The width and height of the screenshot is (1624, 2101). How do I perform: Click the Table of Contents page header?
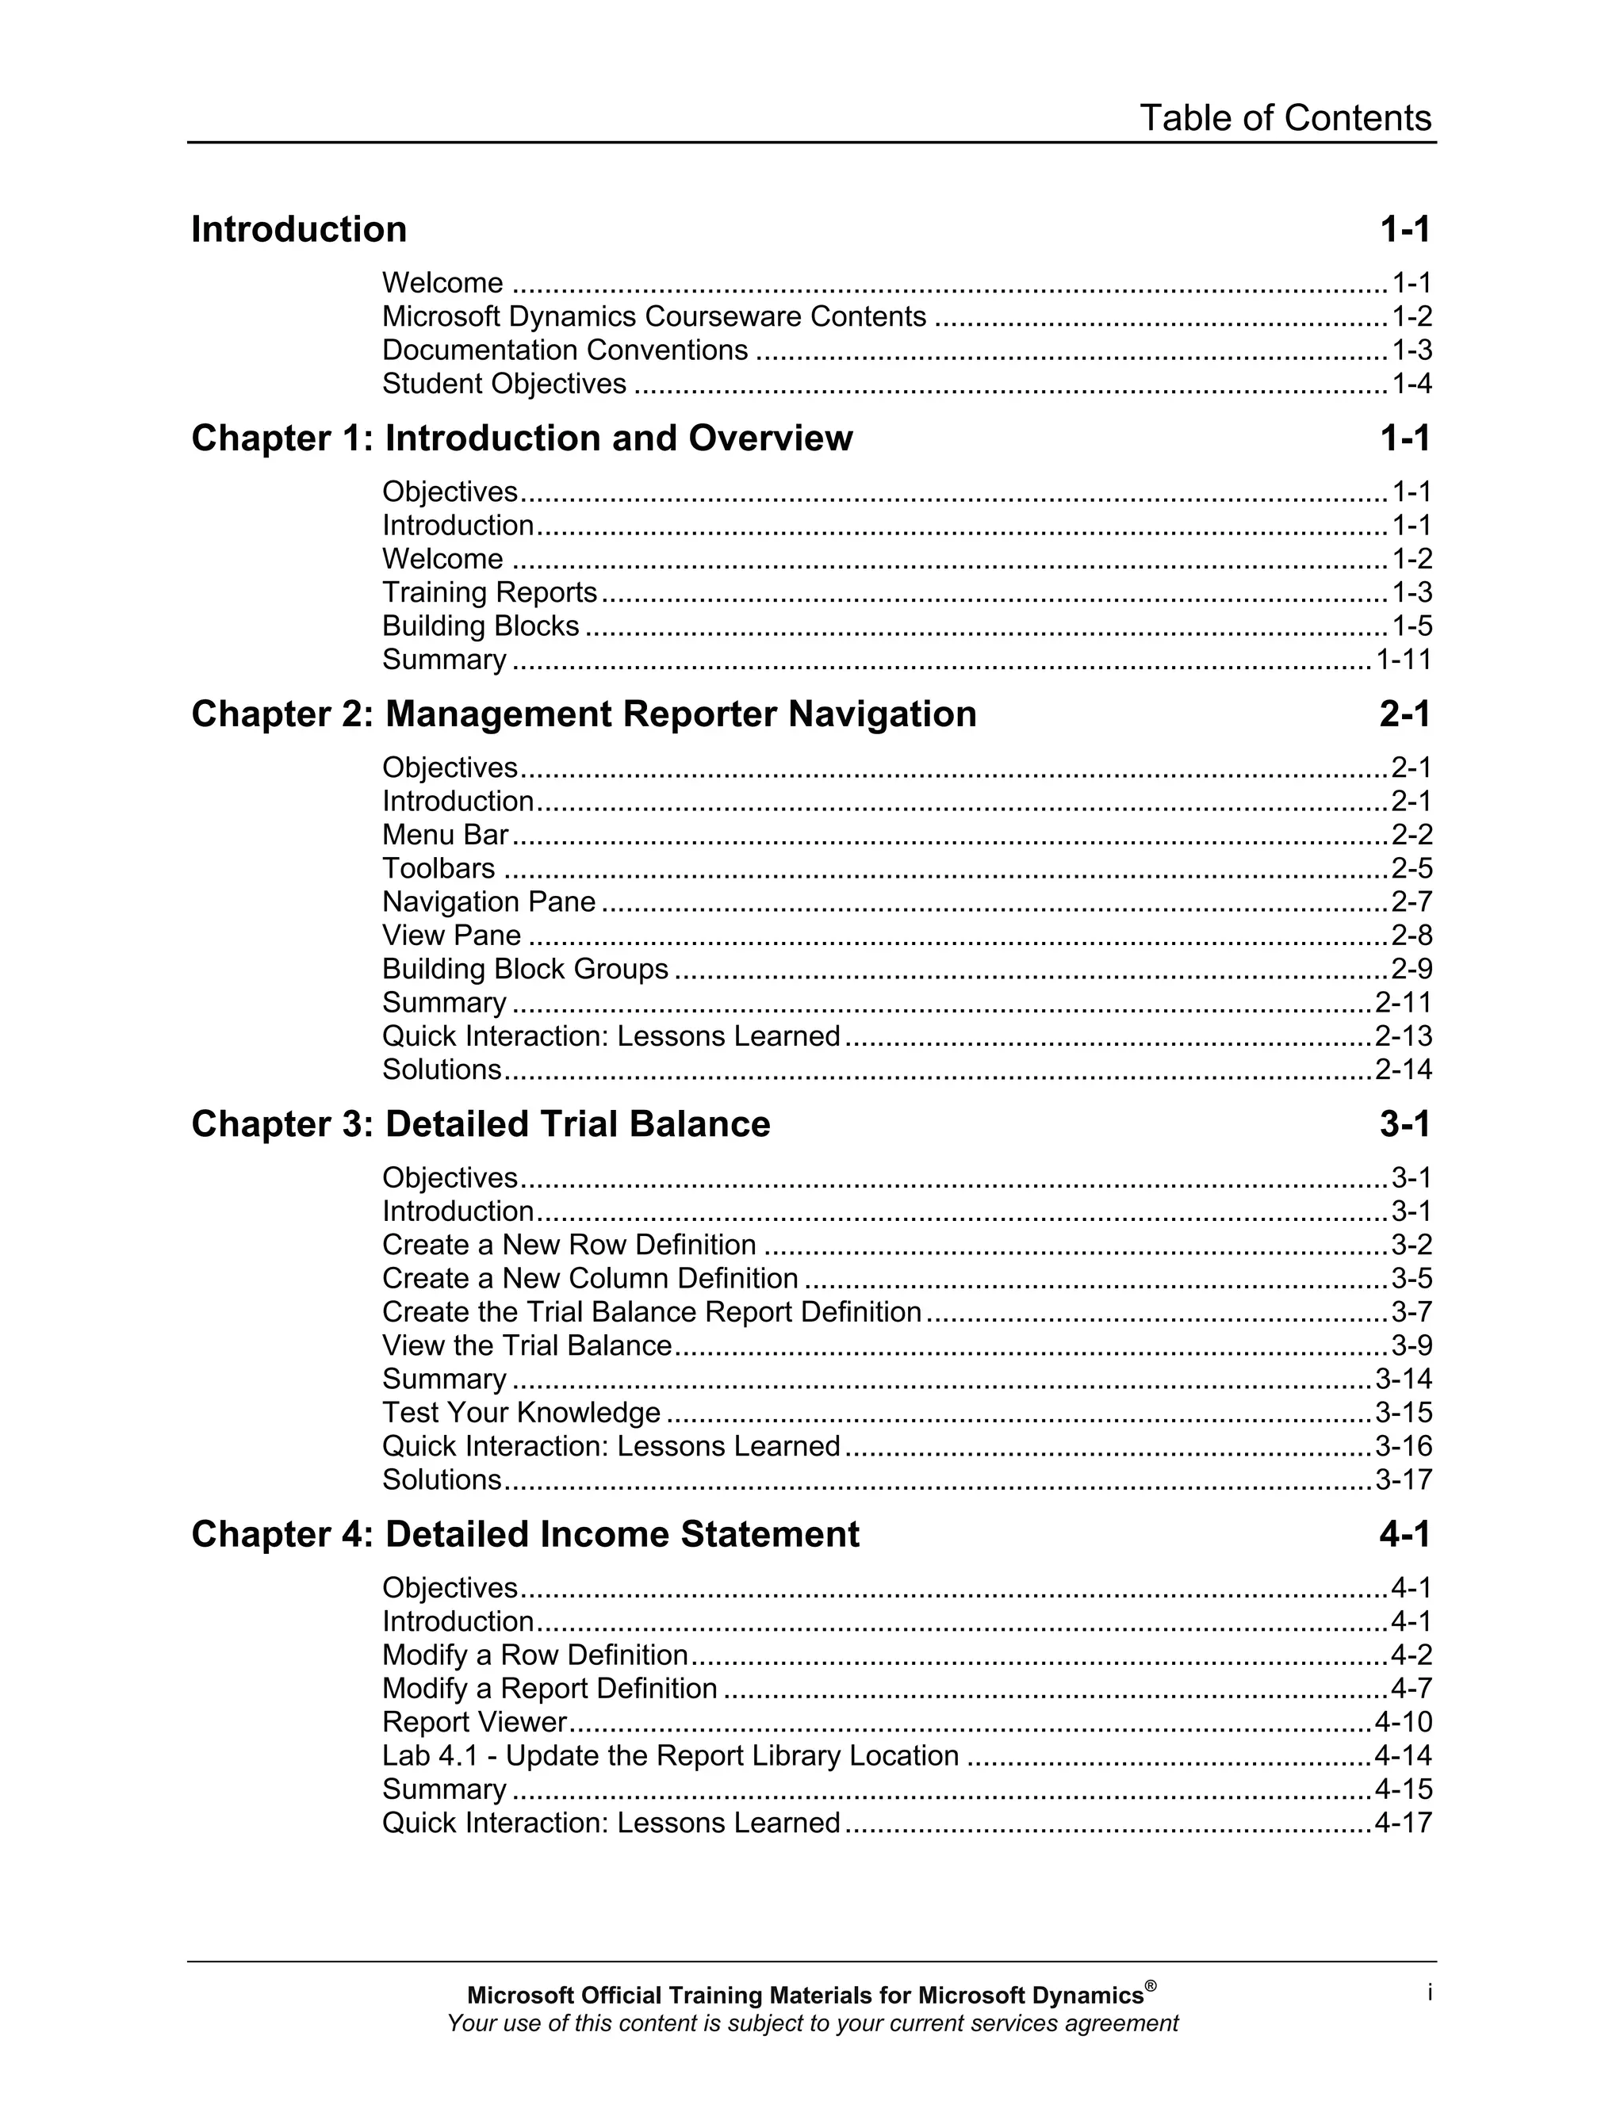(1285, 118)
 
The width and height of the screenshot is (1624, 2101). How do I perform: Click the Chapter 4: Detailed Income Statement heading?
(524, 1533)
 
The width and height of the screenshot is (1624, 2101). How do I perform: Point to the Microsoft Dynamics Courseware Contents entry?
(653, 316)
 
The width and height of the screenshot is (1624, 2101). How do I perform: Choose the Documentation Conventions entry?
(564, 350)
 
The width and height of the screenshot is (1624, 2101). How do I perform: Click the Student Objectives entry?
(504, 384)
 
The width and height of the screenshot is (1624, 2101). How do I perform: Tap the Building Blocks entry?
(480, 626)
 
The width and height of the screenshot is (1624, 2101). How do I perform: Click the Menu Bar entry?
(445, 834)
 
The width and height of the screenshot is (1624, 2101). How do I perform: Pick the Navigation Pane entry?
(488, 901)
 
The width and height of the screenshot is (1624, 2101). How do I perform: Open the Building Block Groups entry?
(524, 969)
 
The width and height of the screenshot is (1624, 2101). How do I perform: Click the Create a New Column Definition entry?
(590, 1279)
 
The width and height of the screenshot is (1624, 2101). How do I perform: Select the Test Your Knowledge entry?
(520, 1412)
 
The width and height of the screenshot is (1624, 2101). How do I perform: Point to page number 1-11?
(1403, 660)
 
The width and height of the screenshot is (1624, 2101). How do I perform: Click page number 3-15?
(1403, 1412)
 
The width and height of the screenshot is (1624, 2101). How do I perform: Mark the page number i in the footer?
(1430, 1993)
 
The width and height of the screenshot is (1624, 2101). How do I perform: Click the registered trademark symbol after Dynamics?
(1151, 1985)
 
